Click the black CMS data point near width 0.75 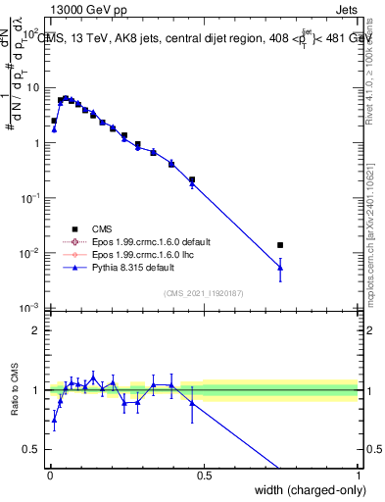coord(280,245)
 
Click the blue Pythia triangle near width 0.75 coord(280,267)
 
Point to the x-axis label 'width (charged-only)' coord(307,490)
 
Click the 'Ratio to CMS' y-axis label coord(15,390)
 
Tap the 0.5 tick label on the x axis coord(204,476)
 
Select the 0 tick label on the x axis coord(49,476)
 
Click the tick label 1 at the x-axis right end coord(358,476)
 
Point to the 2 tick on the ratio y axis coord(36,330)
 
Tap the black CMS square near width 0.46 coord(192,180)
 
